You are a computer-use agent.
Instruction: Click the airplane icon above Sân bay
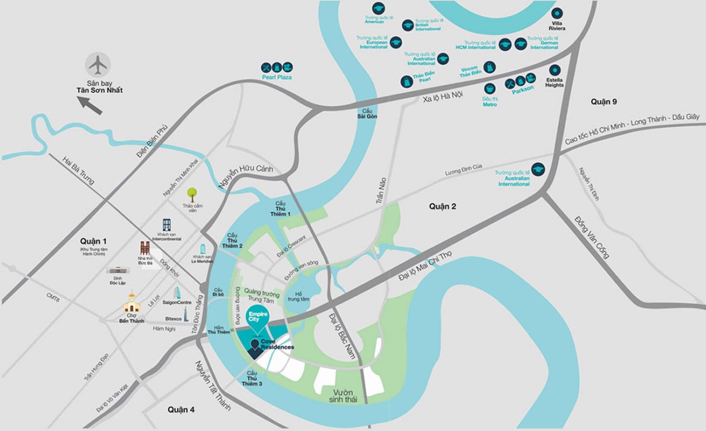click(97, 64)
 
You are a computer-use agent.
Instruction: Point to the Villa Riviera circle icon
click(557, 14)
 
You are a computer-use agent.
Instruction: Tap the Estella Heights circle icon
click(554, 69)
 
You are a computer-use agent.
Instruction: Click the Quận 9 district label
click(604, 102)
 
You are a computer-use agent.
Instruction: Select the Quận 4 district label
click(180, 409)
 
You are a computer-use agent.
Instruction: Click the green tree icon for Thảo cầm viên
click(192, 193)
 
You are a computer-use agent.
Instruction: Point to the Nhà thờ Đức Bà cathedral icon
click(145, 248)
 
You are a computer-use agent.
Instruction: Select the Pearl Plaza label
click(277, 77)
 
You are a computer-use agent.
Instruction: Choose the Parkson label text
click(522, 89)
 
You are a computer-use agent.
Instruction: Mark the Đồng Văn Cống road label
click(591, 237)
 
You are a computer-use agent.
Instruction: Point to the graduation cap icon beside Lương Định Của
click(538, 170)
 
